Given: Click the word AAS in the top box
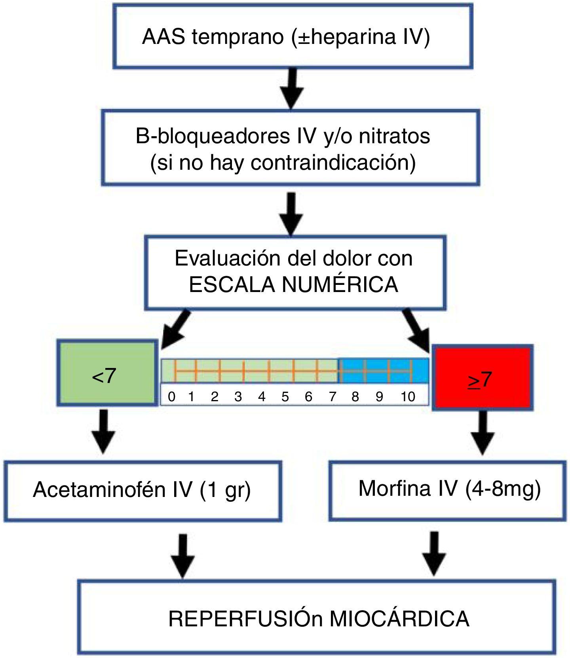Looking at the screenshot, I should click(163, 37).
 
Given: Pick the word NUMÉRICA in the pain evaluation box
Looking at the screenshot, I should click(340, 284).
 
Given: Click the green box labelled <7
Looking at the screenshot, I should click(107, 373).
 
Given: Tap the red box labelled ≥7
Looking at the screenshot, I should click(482, 378).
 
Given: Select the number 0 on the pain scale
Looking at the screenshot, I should click(171, 396).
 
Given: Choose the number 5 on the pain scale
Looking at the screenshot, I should click(285, 396).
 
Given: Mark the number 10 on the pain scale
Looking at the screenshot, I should click(408, 396).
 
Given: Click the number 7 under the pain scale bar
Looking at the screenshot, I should click(332, 396).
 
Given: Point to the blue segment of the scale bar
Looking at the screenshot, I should click(383, 371).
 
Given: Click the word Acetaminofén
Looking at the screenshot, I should click(99, 490).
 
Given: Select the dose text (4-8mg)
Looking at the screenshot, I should click(503, 489).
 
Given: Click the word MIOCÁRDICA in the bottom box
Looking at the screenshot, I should click(399, 619).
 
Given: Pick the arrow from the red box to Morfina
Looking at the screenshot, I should click(483, 433).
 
